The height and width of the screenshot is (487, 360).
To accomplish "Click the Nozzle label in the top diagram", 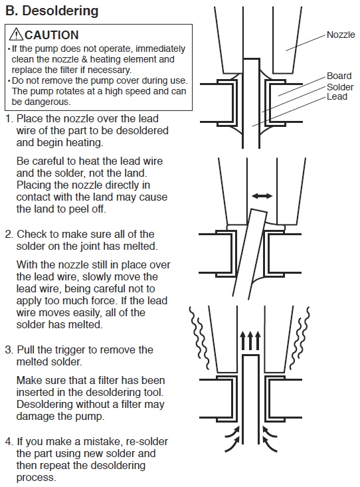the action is [341, 35].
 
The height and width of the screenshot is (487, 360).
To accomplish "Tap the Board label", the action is [339, 76].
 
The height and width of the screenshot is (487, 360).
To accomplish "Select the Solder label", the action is [340, 87].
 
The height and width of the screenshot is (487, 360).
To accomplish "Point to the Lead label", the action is [337, 96].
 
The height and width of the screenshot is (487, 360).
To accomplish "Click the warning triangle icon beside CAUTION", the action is [16, 34].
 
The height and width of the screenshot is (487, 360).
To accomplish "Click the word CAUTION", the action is [52, 35].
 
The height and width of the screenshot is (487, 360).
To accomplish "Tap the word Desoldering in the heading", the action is [60, 11].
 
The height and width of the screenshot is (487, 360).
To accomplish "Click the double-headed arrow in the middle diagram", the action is [262, 196].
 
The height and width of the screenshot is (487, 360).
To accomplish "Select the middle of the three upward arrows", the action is [250, 340].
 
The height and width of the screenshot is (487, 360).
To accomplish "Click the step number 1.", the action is [9, 119].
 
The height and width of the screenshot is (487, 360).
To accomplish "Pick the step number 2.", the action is [9, 234].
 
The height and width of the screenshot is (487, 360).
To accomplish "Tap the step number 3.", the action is [9, 349].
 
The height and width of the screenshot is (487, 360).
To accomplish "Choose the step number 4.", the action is [9, 441].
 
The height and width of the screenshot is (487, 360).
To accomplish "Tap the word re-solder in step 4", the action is [147, 442].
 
